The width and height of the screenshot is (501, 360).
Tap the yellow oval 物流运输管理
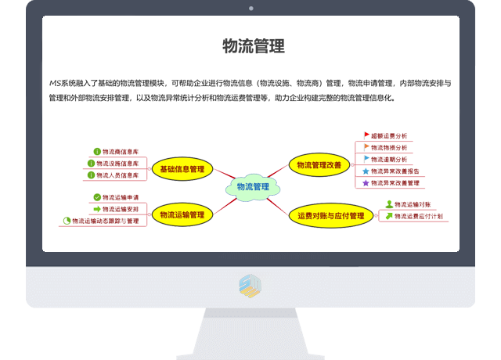coord(182,214)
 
